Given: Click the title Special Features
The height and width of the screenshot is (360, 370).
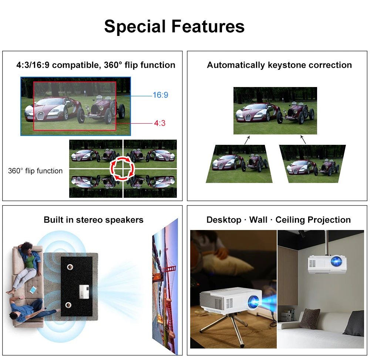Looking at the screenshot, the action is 174,27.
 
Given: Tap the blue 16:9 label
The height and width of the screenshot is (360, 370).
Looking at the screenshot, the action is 160,95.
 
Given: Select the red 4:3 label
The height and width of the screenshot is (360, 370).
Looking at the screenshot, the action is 159,123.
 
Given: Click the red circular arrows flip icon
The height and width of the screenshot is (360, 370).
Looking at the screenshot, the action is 122,169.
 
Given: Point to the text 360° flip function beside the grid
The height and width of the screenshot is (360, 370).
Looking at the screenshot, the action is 36,171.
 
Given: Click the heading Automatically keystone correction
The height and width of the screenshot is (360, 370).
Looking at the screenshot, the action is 279,65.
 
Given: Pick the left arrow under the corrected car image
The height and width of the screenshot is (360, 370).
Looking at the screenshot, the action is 247,140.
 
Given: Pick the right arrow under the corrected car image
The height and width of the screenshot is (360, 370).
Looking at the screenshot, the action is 303,140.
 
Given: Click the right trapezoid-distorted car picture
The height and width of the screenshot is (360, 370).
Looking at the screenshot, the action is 312,164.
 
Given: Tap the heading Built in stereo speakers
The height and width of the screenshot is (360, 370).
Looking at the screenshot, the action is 94,220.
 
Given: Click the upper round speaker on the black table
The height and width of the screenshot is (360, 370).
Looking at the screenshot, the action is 69,267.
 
